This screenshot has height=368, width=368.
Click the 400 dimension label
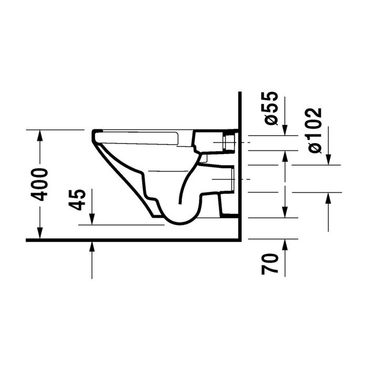click(x=40, y=184)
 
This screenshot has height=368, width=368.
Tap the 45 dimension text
click(x=77, y=199)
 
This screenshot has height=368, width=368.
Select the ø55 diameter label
click(x=270, y=108)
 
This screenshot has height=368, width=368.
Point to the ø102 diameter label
click(x=314, y=130)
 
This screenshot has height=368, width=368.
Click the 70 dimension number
click(x=270, y=263)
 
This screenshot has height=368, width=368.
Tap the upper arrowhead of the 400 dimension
click(x=40, y=136)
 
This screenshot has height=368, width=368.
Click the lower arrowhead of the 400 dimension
click(x=40, y=233)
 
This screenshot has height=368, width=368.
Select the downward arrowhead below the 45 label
click(x=92, y=219)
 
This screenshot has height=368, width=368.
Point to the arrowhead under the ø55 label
click(x=285, y=130)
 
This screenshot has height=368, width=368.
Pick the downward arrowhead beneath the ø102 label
click(x=328, y=159)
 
